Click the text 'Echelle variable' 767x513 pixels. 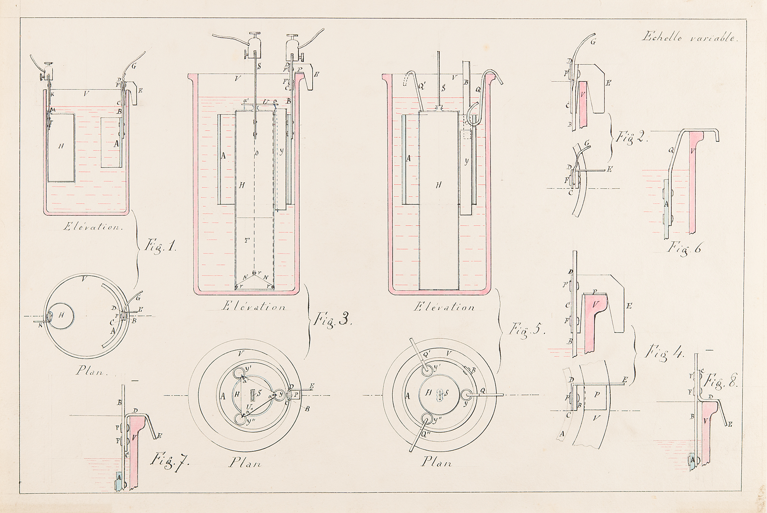tap(689, 38)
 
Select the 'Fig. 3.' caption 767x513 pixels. tap(332, 319)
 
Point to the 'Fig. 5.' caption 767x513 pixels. tap(527, 329)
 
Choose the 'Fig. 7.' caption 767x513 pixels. tap(170, 460)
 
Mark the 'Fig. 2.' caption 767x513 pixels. tap(632, 137)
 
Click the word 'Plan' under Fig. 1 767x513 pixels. tap(90, 371)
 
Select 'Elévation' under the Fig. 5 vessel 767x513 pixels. tap(444, 307)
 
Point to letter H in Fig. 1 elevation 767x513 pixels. tap(61, 146)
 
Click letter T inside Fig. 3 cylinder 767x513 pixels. tap(247, 240)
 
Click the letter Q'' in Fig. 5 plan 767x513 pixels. tap(425, 435)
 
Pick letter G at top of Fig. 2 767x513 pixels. tap(593, 42)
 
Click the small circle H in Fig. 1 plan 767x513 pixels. tap(61, 316)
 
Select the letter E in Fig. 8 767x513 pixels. tap(731, 424)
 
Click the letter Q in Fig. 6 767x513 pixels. tap(672, 150)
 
